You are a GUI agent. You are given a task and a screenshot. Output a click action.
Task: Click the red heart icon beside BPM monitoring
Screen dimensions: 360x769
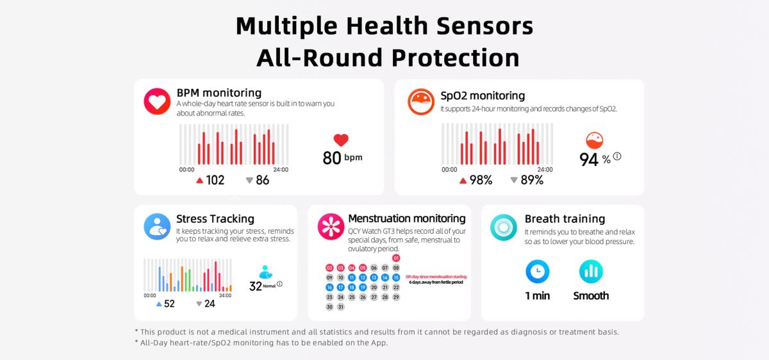[157, 101]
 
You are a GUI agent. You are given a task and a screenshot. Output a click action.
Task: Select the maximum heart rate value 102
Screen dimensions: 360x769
[215, 180]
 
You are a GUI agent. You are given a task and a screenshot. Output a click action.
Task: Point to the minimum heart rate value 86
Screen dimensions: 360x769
[262, 180]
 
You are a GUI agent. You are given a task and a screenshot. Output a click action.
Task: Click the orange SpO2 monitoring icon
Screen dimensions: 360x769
[421, 101]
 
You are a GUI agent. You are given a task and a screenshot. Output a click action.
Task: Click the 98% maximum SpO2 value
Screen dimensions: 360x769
[480, 180]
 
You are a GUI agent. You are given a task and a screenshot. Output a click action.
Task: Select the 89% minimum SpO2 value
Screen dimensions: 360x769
[531, 180]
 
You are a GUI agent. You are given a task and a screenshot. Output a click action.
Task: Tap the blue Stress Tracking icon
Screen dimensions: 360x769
[157, 227]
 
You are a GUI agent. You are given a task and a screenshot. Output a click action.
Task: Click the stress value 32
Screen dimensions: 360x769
[256, 286]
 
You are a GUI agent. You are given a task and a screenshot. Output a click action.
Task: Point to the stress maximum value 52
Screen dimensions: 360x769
[169, 304]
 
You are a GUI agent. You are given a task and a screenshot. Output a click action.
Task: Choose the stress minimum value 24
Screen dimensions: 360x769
[209, 304]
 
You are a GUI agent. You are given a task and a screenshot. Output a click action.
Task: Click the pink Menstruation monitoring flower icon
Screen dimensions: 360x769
[331, 227]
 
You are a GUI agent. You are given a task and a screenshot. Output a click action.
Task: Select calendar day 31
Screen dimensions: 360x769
[340, 307]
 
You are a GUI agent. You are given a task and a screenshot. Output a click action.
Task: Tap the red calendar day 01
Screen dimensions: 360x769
[396, 258]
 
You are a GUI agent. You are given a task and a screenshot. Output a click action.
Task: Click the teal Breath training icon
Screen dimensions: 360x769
[504, 227]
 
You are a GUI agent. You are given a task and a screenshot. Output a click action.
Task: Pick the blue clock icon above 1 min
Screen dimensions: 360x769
[538, 272]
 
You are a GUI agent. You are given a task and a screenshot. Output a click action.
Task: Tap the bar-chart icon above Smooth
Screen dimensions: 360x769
[591, 272]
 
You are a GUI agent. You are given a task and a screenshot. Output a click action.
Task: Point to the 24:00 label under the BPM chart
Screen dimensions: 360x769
[281, 170]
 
